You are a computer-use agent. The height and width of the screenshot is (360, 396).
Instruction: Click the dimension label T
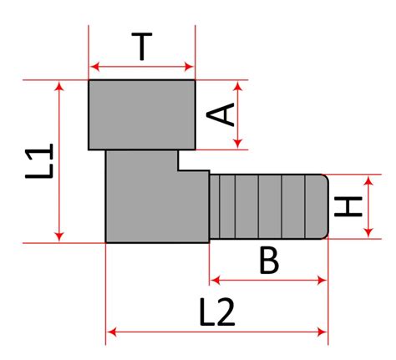pos(142,47)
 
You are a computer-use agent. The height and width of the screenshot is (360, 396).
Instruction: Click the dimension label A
pos(220,114)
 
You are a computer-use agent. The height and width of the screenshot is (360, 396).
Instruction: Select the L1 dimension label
pos(39,161)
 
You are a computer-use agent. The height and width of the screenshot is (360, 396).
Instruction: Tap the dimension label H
pos(348,206)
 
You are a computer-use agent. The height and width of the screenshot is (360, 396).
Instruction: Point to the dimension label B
pos(269,261)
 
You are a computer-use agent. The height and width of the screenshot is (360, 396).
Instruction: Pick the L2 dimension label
pos(217,312)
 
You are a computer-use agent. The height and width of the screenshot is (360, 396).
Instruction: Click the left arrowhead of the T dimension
pos(95,67)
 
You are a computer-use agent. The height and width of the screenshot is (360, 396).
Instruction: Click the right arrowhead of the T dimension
pos(189,67)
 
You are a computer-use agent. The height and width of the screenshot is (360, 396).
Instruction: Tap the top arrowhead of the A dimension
pos(237,86)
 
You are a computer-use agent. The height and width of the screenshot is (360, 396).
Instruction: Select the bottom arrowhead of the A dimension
pos(237,144)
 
